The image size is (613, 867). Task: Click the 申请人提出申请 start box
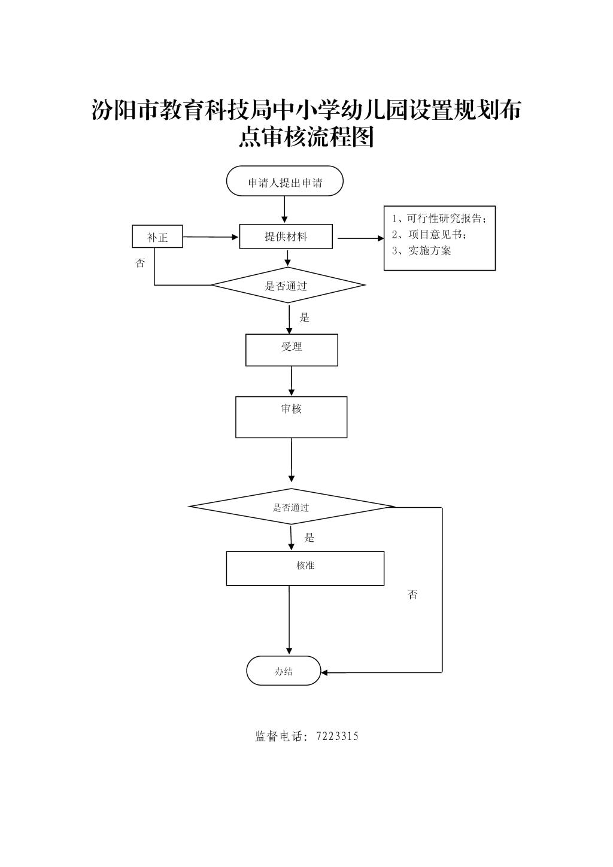(x=285, y=181)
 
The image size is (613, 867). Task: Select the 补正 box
(x=157, y=237)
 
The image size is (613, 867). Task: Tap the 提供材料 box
(x=286, y=236)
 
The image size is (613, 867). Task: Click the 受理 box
(x=292, y=350)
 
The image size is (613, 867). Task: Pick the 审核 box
(x=292, y=417)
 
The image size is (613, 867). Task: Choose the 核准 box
(x=305, y=569)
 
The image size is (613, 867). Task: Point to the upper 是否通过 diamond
(x=288, y=285)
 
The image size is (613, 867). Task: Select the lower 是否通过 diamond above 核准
(x=292, y=507)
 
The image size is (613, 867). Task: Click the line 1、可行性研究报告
(x=439, y=219)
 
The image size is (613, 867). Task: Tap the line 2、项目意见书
(x=429, y=235)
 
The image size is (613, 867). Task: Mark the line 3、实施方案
(x=421, y=251)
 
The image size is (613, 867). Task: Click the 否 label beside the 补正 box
(x=140, y=263)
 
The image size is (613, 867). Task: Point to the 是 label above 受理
(x=305, y=318)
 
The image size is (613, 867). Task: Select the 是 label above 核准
(x=309, y=537)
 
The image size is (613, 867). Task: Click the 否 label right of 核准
(x=412, y=595)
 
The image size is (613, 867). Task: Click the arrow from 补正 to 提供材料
(x=211, y=237)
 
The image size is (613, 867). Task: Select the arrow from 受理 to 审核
(x=292, y=381)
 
